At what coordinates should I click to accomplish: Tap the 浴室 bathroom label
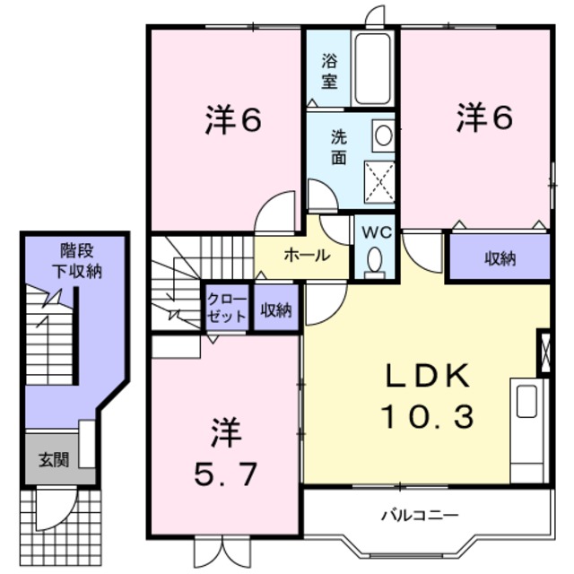tap(329, 72)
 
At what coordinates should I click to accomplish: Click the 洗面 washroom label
tap(338, 146)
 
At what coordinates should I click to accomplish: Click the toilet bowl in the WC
tap(374, 259)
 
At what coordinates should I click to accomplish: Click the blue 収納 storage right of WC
tap(500, 259)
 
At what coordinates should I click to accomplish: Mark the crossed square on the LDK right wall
tap(544, 352)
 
